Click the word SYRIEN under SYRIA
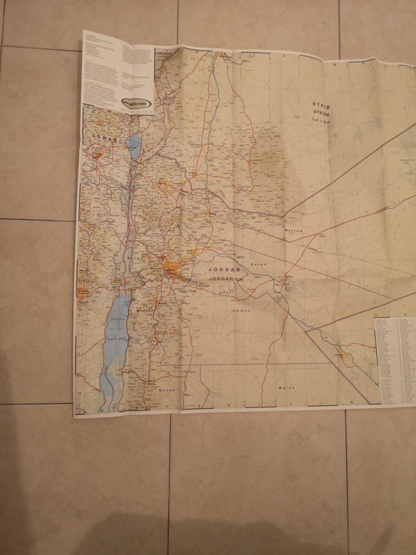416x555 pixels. [x=322, y=112]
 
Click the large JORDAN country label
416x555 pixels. [x=223, y=269]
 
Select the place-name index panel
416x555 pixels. [x=394, y=361]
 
